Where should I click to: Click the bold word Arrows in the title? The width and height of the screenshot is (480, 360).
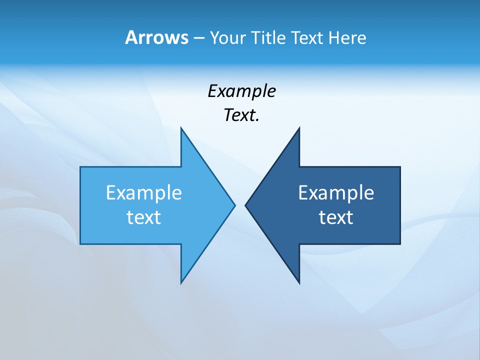pos(156,37)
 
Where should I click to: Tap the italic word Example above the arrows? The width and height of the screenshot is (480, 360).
pos(241,91)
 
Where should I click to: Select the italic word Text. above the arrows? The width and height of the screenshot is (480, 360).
pos(241,115)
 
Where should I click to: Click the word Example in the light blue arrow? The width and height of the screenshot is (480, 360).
pos(144,192)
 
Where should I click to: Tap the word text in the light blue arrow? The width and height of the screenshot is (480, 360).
pos(144,217)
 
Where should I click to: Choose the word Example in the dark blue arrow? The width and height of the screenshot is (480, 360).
pos(336,192)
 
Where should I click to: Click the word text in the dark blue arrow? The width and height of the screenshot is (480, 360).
pos(336,217)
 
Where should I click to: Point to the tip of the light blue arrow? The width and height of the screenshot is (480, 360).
pos(234,205)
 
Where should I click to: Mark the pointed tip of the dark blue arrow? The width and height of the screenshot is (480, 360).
pos(245,205)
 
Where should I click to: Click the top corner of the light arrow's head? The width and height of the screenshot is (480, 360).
pos(181,127)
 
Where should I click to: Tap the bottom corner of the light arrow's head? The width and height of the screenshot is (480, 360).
pos(181,283)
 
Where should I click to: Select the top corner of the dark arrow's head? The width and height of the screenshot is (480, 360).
pos(299,127)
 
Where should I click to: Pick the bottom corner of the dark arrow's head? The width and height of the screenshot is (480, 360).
pos(299,283)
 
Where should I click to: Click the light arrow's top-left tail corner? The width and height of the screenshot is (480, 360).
pos(80,167)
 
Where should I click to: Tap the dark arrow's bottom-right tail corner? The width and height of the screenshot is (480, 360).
pos(400,244)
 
